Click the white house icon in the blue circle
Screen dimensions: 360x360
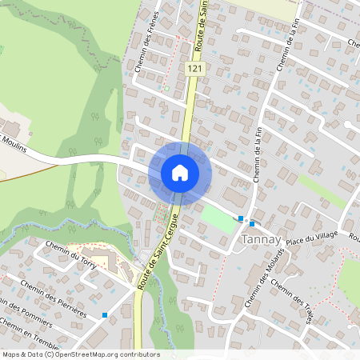pyautogui.click(x=180, y=173)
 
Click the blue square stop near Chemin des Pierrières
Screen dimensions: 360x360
pyautogui.click(x=104, y=315)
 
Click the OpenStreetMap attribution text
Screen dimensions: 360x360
pyautogui.click(x=80, y=354)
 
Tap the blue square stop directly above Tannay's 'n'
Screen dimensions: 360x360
pyautogui.click(x=253, y=224)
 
